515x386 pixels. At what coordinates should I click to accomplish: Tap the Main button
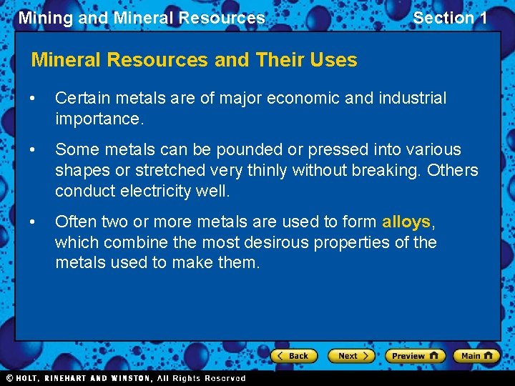pyautogui.click(x=476, y=355)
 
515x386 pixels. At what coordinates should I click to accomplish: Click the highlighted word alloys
pyautogui.click(x=406, y=222)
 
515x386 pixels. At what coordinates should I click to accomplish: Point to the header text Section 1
pyautogui.click(x=450, y=18)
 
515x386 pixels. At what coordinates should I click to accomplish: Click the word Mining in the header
pyautogui.click(x=46, y=18)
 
